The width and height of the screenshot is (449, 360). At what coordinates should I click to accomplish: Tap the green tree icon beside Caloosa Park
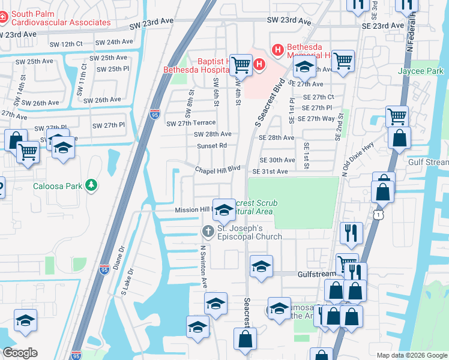click(x=91, y=185)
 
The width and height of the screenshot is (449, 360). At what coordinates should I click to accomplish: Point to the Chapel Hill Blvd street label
click(x=217, y=170)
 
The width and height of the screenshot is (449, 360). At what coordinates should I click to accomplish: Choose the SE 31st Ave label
click(x=270, y=172)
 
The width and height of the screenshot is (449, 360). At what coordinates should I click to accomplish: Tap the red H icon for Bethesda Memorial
click(x=278, y=50)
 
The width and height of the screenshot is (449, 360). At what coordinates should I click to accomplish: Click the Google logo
click(x=20, y=352)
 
